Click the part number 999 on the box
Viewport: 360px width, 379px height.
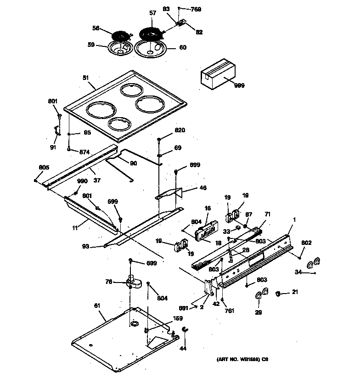(239, 85)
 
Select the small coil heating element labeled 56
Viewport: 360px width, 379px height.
(121, 35)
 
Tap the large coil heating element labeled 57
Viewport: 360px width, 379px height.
(151, 34)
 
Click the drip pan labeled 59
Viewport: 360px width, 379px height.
(120, 48)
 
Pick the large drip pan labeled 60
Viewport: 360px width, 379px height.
(152, 49)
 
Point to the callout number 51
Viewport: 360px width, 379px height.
(85, 78)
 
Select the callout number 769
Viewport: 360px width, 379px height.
(196, 9)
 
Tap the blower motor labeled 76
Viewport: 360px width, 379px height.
(132, 281)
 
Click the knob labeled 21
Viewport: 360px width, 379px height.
(278, 293)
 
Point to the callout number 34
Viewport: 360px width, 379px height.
(298, 273)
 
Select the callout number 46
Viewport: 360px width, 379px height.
(202, 188)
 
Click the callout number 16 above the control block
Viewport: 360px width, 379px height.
(208, 209)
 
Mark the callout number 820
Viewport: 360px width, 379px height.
(180, 130)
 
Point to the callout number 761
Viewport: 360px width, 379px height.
(230, 311)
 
